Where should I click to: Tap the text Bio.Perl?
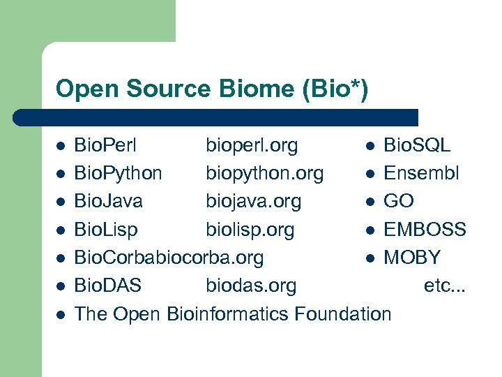[105, 145]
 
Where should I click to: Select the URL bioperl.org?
[252, 145]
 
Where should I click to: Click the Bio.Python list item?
[118, 173]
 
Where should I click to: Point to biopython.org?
[264, 173]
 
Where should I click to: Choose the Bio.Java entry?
[108, 201]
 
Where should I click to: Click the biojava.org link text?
[253, 201]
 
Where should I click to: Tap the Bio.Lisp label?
[106, 229]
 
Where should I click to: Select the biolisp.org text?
[250, 229]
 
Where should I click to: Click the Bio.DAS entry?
[107, 286]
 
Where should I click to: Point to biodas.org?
[251, 286]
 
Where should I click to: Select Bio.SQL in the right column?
[417, 145]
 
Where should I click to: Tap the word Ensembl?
[421, 173]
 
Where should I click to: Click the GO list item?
[399, 201]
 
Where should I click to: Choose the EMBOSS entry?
[425, 229]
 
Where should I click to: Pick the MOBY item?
[412, 257]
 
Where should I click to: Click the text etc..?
[443, 286]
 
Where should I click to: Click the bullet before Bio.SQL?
[371, 146]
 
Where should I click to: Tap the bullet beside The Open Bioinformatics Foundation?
[61, 314]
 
